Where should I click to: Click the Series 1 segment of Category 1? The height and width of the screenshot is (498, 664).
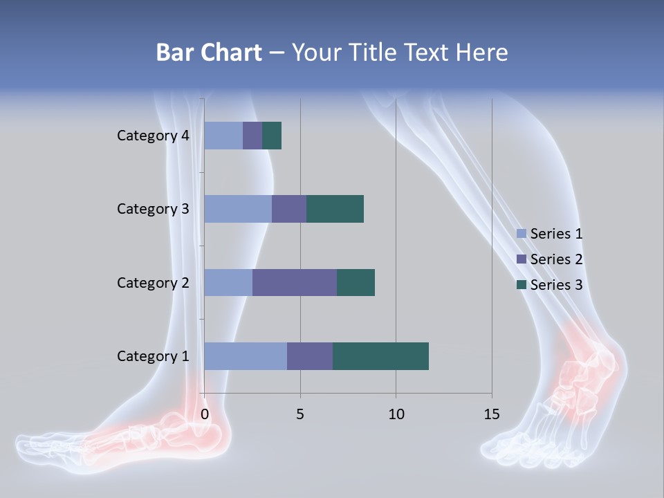(246, 356)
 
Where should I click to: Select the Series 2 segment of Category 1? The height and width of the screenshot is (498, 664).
(310, 356)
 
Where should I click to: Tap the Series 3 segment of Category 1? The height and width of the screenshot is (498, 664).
(380, 356)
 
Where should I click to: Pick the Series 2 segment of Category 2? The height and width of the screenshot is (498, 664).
(295, 282)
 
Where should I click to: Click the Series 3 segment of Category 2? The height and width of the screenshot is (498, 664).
(356, 282)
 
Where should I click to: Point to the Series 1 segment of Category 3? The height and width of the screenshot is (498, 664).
(238, 209)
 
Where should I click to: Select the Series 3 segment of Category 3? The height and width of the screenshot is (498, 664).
(335, 209)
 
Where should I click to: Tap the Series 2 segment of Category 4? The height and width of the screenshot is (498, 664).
(252, 136)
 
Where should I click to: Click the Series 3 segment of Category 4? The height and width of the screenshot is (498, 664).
(272, 136)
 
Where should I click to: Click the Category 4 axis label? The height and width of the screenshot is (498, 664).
(153, 136)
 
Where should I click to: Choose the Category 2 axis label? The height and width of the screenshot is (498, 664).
(153, 282)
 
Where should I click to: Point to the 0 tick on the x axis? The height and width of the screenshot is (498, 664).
(205, 414)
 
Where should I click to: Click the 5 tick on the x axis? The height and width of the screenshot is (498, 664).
(300, 414)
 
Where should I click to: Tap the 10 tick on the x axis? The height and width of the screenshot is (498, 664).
(396, 414)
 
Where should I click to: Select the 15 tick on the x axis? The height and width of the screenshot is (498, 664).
(491, 414)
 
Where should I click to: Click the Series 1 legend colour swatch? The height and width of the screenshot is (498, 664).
(521, 234)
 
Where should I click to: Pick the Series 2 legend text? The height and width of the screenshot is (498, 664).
(556, 259)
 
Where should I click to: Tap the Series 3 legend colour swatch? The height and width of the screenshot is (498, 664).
(521, 285)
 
